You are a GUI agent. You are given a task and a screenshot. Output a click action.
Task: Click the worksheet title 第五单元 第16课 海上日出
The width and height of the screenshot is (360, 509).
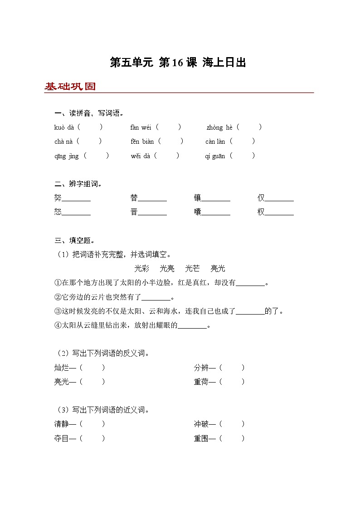pyautogui.click(x=178, y=63)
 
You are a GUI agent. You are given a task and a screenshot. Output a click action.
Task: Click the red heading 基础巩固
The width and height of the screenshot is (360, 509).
pyautogui.click(x=70, y=87)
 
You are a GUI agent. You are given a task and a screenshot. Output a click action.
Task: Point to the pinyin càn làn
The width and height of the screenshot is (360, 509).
pyautogui.click(x=215, y=141)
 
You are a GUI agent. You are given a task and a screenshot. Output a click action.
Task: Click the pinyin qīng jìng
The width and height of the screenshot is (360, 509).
pyautogui.click(x=66, y=156)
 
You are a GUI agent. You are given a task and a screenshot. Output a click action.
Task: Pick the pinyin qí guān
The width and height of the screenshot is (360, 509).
pyautogui.click(x=215, y=156)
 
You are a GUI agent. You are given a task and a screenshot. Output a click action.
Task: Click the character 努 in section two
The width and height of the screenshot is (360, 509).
pyautogui.click(x=58, y=198)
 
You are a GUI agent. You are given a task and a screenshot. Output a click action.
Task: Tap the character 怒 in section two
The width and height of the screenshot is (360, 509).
pyautogui.click(x=58, y=212)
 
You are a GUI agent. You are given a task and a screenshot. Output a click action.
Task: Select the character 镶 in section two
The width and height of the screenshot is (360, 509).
pyautogui.click(x=198, y=198)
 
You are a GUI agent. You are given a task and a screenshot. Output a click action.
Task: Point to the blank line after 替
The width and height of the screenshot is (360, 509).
pyautogui.click(x=152, y=200)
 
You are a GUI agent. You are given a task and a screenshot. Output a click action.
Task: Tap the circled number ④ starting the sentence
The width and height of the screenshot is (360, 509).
pyautogui.click(x=58, y=325)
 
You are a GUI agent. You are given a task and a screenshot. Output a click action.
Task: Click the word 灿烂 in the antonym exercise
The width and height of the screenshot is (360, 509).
pyautogui.click(x=62, y=368)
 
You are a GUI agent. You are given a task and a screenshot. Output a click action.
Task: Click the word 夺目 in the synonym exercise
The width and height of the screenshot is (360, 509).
pyautogui.click(x=62, y=438)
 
